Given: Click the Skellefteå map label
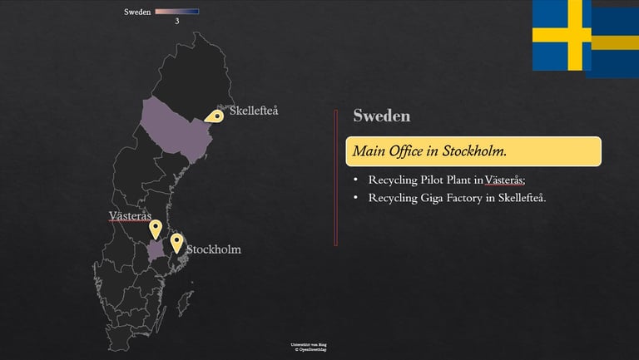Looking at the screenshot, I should pos(254,111).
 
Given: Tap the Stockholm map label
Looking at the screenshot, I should pos(213,249).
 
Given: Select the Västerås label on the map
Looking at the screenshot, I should pos(130,216).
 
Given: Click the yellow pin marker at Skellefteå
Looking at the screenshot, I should pos(215,117).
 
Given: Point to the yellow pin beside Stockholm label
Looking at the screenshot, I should pos(176,242).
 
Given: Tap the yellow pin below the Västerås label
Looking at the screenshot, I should pos(155,229).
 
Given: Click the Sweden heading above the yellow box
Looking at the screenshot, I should pos(381,116).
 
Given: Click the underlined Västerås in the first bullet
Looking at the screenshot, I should pos(504,180).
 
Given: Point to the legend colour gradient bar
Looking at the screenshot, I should pos(176,12).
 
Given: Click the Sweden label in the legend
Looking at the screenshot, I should pos(137,12).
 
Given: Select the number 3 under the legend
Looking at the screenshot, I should pos(176,21).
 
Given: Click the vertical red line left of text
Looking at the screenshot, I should pos(335,178).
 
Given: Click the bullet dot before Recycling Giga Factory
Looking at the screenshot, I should pos(355,198).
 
